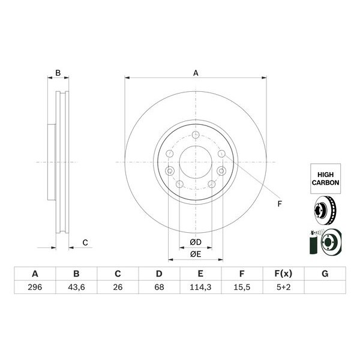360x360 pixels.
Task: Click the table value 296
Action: pos(35,287)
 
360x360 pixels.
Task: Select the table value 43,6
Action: pos(76,287)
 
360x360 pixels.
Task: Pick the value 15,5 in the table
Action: pos(242,287)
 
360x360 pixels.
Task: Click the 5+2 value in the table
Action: pos(283,287)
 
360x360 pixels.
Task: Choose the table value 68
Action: pos(159,287)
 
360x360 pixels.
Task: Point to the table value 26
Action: pos(118,287)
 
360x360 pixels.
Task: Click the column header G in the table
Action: pos(325,274)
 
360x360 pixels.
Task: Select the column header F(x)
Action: pos(283,274)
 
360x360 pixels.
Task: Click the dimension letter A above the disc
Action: pos(196,73)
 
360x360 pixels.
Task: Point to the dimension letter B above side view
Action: pos(58,73)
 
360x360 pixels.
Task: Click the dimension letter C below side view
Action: pos(85,242)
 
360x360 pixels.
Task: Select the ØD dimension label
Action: pos(196,242)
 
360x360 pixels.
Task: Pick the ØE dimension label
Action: pos(196,254)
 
